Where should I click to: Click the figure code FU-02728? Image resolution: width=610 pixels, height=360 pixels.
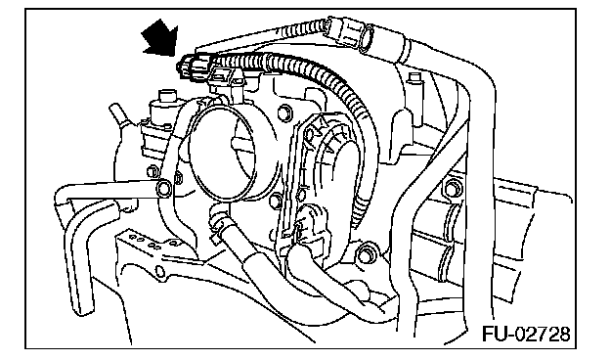pyautogui.click(x=526, y=334)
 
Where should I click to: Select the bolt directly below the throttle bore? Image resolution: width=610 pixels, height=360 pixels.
pyautogui.click(x=276, y=200)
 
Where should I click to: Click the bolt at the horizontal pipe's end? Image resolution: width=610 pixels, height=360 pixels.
pyautogui.click(x=164, y=189)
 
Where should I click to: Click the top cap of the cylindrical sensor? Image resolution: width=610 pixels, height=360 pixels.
pyautogui.click(x=166, y=95)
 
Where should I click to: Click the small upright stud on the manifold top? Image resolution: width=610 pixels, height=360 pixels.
pyautogui.click(x=414, y=82)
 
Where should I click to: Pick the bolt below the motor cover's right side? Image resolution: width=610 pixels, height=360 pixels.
pyautogui.click(x=366, y=253)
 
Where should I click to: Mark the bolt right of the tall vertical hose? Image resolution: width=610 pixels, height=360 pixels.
pyautogui.click(x=454, y=188)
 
